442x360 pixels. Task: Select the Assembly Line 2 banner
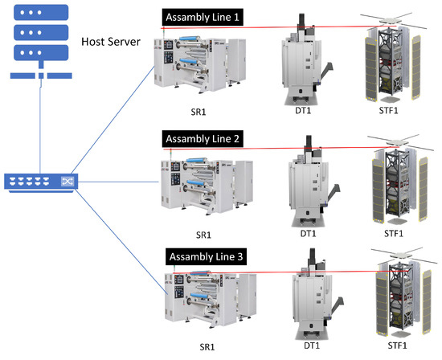pyautogui.click(x=202, y=139)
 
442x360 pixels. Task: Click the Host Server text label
pyautogui.click(x=111, y=41)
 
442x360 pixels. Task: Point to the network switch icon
pyautogui.click(x=40, y=182)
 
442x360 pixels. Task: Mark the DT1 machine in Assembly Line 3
pyautogui.click(x=309, y=302)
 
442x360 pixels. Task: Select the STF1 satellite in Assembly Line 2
pyautogui.click(x=395, y=185)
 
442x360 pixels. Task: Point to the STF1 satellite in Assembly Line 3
pyautogui.click(x=396, y=301)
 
